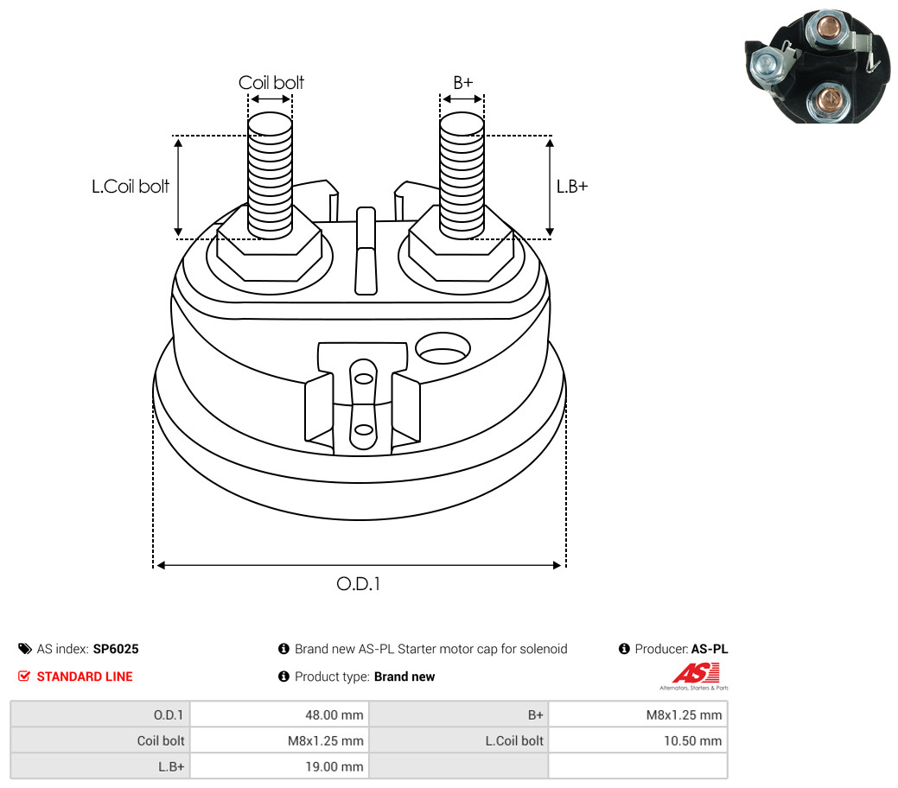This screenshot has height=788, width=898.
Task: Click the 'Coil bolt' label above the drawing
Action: (x=271, y=83)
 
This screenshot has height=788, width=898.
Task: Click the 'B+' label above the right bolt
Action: (x=462, y=83)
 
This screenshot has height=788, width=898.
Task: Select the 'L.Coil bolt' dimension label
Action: (x=131, y=186)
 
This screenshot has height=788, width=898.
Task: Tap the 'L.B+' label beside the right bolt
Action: (x=571, y=186)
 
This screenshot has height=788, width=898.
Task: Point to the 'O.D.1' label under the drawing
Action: (x=358, y=584)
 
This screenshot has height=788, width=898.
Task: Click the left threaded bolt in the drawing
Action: (x=270, y=177)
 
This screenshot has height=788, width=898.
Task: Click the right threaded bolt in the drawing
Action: (x=462, y=177)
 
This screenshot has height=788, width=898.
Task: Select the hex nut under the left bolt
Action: (x=269, y=251)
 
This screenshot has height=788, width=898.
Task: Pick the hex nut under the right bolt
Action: (x=461, y=251)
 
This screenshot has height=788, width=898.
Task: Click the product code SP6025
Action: (x=116, y=649)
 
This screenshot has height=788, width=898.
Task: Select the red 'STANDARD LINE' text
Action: (x=85, y=677)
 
